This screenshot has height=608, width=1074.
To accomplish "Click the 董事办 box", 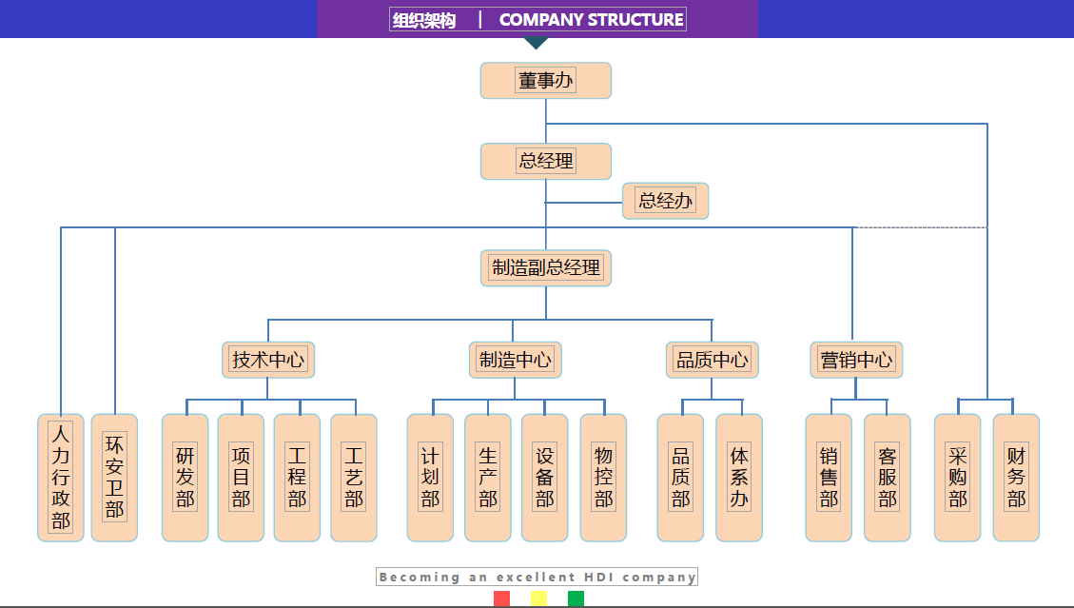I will tap(545, 81).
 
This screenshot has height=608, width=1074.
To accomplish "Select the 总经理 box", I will tap(545, 161).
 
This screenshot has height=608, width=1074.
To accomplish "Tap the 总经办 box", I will tap(665, 201).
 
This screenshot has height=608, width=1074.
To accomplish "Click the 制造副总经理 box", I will tap(545, 267).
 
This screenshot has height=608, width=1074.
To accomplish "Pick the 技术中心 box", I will tap(268, 360).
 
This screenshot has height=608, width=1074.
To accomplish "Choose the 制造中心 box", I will tap(515, 360).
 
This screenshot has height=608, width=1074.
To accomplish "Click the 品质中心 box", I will tap(712, 360).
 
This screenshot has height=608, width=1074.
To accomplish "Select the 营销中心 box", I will tap(856, 360).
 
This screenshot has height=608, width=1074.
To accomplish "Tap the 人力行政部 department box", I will tap(61, 477).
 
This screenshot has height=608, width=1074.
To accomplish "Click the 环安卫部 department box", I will tap(114, 477).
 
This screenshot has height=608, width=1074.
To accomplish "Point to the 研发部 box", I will tap(185, 477).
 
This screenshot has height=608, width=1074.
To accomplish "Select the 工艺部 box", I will tap(354, 477).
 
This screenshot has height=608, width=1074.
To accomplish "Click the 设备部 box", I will tap(544, 477).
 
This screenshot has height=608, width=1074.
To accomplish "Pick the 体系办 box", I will tap(739, 477).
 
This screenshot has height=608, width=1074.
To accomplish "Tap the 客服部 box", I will tap(887, 477).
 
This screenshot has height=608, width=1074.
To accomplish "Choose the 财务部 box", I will tap(1016, 477).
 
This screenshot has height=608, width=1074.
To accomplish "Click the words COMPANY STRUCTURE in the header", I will tap(591, 19).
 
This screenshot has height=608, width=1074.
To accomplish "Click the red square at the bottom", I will tap(501, 598).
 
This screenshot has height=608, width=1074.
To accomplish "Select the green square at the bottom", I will tap(576, 598).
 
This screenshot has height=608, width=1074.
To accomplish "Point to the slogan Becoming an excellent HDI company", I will tap(537, 577).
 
